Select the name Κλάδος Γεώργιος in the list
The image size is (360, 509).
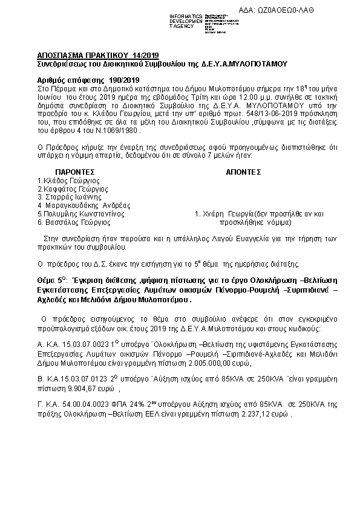[70, 180]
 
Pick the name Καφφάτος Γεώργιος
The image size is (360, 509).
[72, 189]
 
